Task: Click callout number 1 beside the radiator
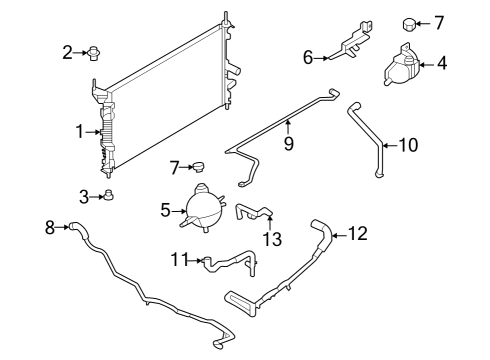[79, 131]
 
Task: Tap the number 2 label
[67, 52]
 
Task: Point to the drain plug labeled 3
[110, 197]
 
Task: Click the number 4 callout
[441, 65]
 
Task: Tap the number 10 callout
[409, 145]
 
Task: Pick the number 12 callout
[357, 235]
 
